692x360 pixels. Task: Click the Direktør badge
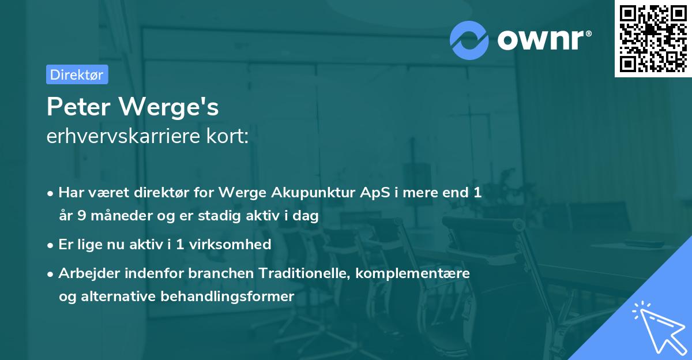(77, 74)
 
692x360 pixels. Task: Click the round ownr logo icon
(469, 40)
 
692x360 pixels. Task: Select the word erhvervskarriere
(120, 136)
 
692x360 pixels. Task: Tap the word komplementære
(413, 273)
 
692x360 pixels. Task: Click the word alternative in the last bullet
(119, 297)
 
